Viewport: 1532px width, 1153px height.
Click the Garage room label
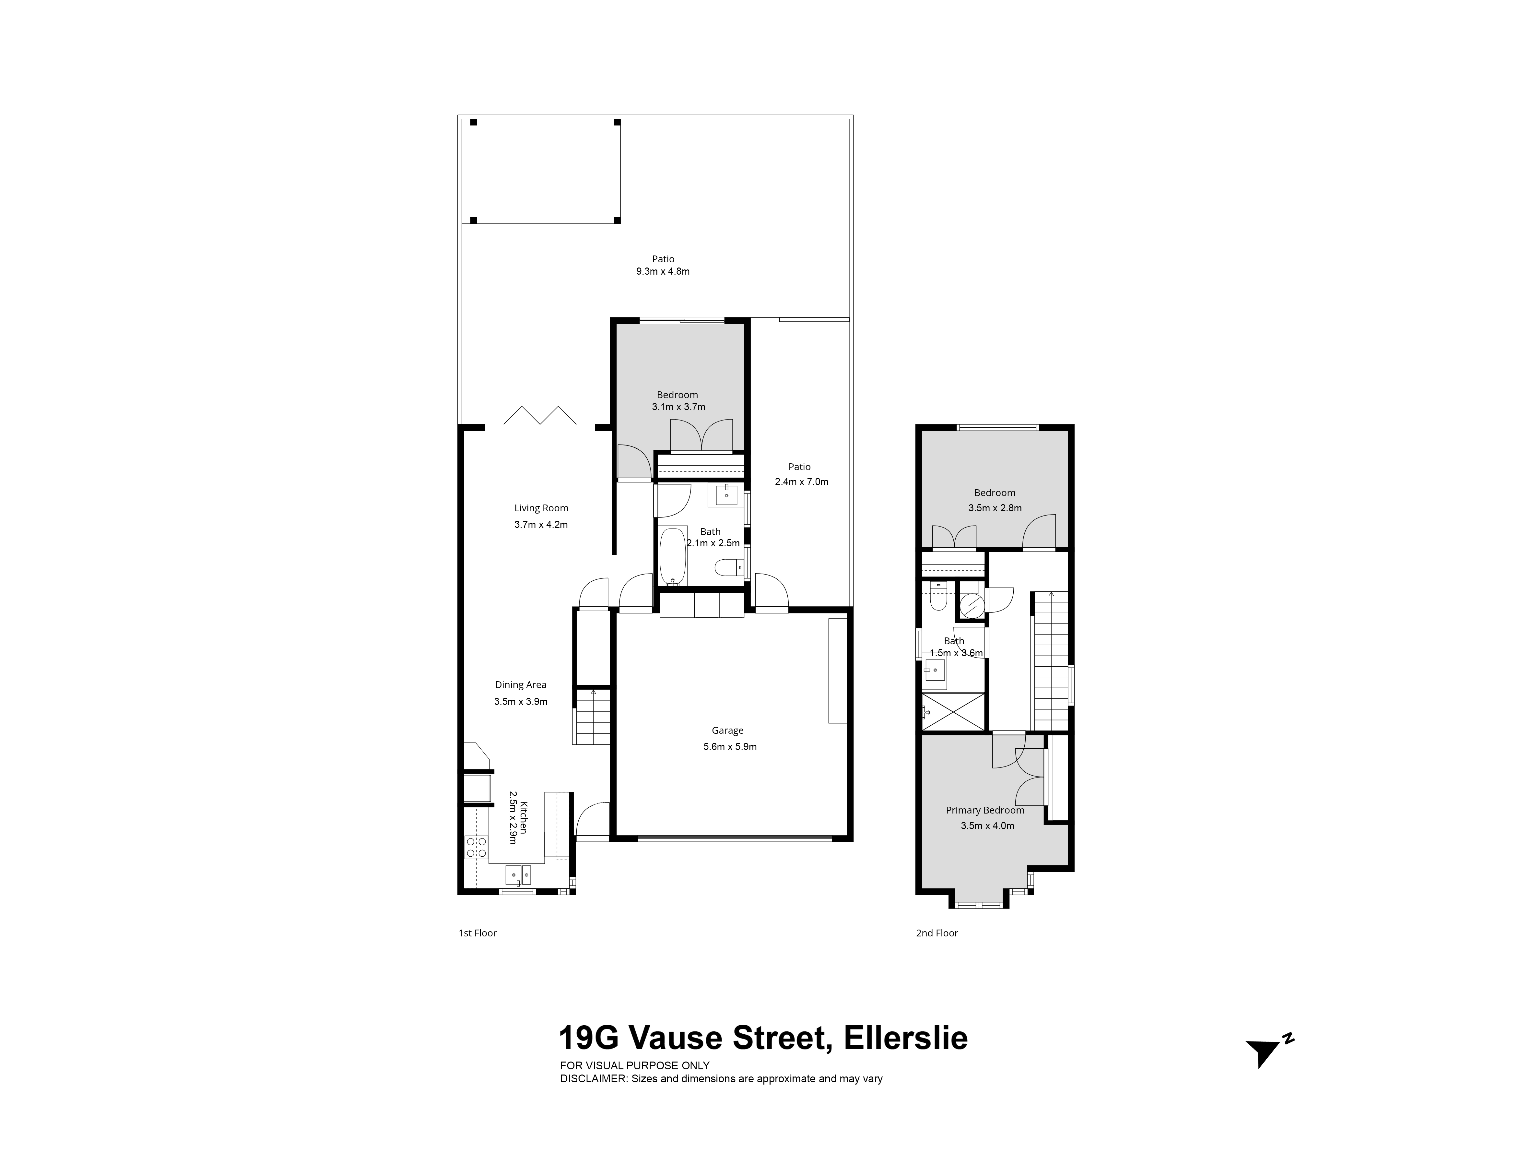tap(727, 730)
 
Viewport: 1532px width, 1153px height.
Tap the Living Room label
tap(541, 508)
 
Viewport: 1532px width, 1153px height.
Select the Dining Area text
tap(521, 684)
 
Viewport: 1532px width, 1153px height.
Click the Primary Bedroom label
tap(985, 810)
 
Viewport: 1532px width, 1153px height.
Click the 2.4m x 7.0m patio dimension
tap(801, 481)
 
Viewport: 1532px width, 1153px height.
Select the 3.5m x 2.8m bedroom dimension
tap(995, 508)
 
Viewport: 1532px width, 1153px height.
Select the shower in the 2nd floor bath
tap(953, 711)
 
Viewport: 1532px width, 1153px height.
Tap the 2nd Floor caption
tap(937, 933)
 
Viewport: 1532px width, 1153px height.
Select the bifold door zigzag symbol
tap(540, 415)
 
